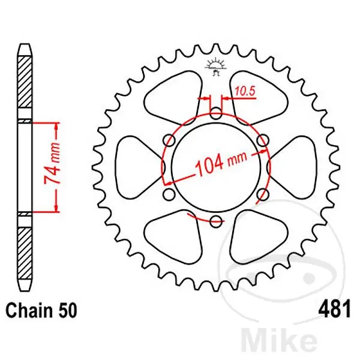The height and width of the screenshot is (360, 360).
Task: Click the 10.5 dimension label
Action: pyautogui.click(x=245, y=91)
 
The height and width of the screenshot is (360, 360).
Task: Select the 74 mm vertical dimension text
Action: pyautogui.click(x=52, y=164)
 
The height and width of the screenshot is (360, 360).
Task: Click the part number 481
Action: pyautogui.click(x=334, y=309)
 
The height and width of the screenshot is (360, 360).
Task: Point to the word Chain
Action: pyautogui.click(x=28, y=310)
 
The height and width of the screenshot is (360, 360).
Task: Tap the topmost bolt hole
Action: pyautogui.click(x=216, y=113)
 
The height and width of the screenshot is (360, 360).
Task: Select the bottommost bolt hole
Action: pyautogui.click(x=216, y=221)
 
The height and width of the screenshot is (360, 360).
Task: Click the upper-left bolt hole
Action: pyautogui.click(x=169, y=140)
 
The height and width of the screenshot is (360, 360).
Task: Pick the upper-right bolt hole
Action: pyautogui.click(x=263, y=140)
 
